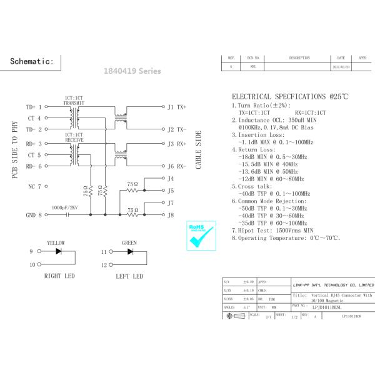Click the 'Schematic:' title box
click(x=36, y=62)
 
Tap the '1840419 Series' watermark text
click(x=128, y=71)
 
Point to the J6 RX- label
click(x=177, y=166)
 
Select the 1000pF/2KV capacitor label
click(x=66, y=207)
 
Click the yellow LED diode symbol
click(x=59, y=251)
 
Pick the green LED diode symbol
click(x=130, y=251)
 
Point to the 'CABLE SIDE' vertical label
click(x=199, y=151)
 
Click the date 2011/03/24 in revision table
click(x=341, y=66)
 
